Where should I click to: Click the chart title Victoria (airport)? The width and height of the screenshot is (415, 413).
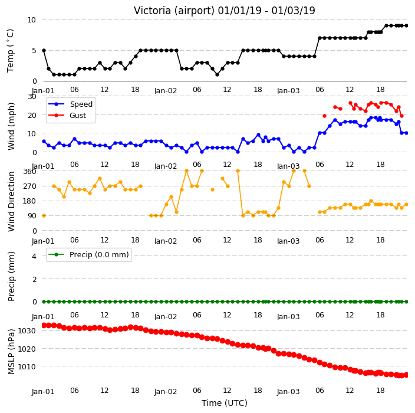point(174,11)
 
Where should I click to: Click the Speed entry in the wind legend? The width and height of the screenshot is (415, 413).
point(81,104)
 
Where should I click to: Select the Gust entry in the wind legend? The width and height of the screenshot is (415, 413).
point(78,116)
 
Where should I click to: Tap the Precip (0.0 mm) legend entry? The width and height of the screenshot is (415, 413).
point(99,254)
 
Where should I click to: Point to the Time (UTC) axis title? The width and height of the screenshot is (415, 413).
point(225,403)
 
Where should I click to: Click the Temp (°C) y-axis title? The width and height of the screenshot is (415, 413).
point(11,51)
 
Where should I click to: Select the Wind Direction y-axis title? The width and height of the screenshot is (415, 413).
point(11,201)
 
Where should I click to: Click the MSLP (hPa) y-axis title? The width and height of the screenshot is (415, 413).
point(11,352)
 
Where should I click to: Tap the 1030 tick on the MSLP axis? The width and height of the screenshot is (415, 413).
point(27,331)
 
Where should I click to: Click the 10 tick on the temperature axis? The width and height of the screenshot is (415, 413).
point(31,20)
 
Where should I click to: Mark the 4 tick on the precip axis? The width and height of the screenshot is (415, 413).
point(34,256)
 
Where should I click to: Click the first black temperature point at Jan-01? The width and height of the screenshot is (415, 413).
point(44,50)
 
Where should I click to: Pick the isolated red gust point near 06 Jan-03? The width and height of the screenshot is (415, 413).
point(324,116)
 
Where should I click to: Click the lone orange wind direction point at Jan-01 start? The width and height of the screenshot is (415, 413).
point(44,215)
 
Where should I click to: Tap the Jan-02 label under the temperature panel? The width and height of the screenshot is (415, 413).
point(166,91)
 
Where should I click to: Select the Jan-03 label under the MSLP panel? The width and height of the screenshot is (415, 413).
point(288,392)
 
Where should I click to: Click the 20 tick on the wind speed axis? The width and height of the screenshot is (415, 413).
point(32,115)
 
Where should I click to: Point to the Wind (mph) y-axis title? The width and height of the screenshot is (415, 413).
point(11,126)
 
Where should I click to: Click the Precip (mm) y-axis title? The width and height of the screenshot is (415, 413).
point(11,276)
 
